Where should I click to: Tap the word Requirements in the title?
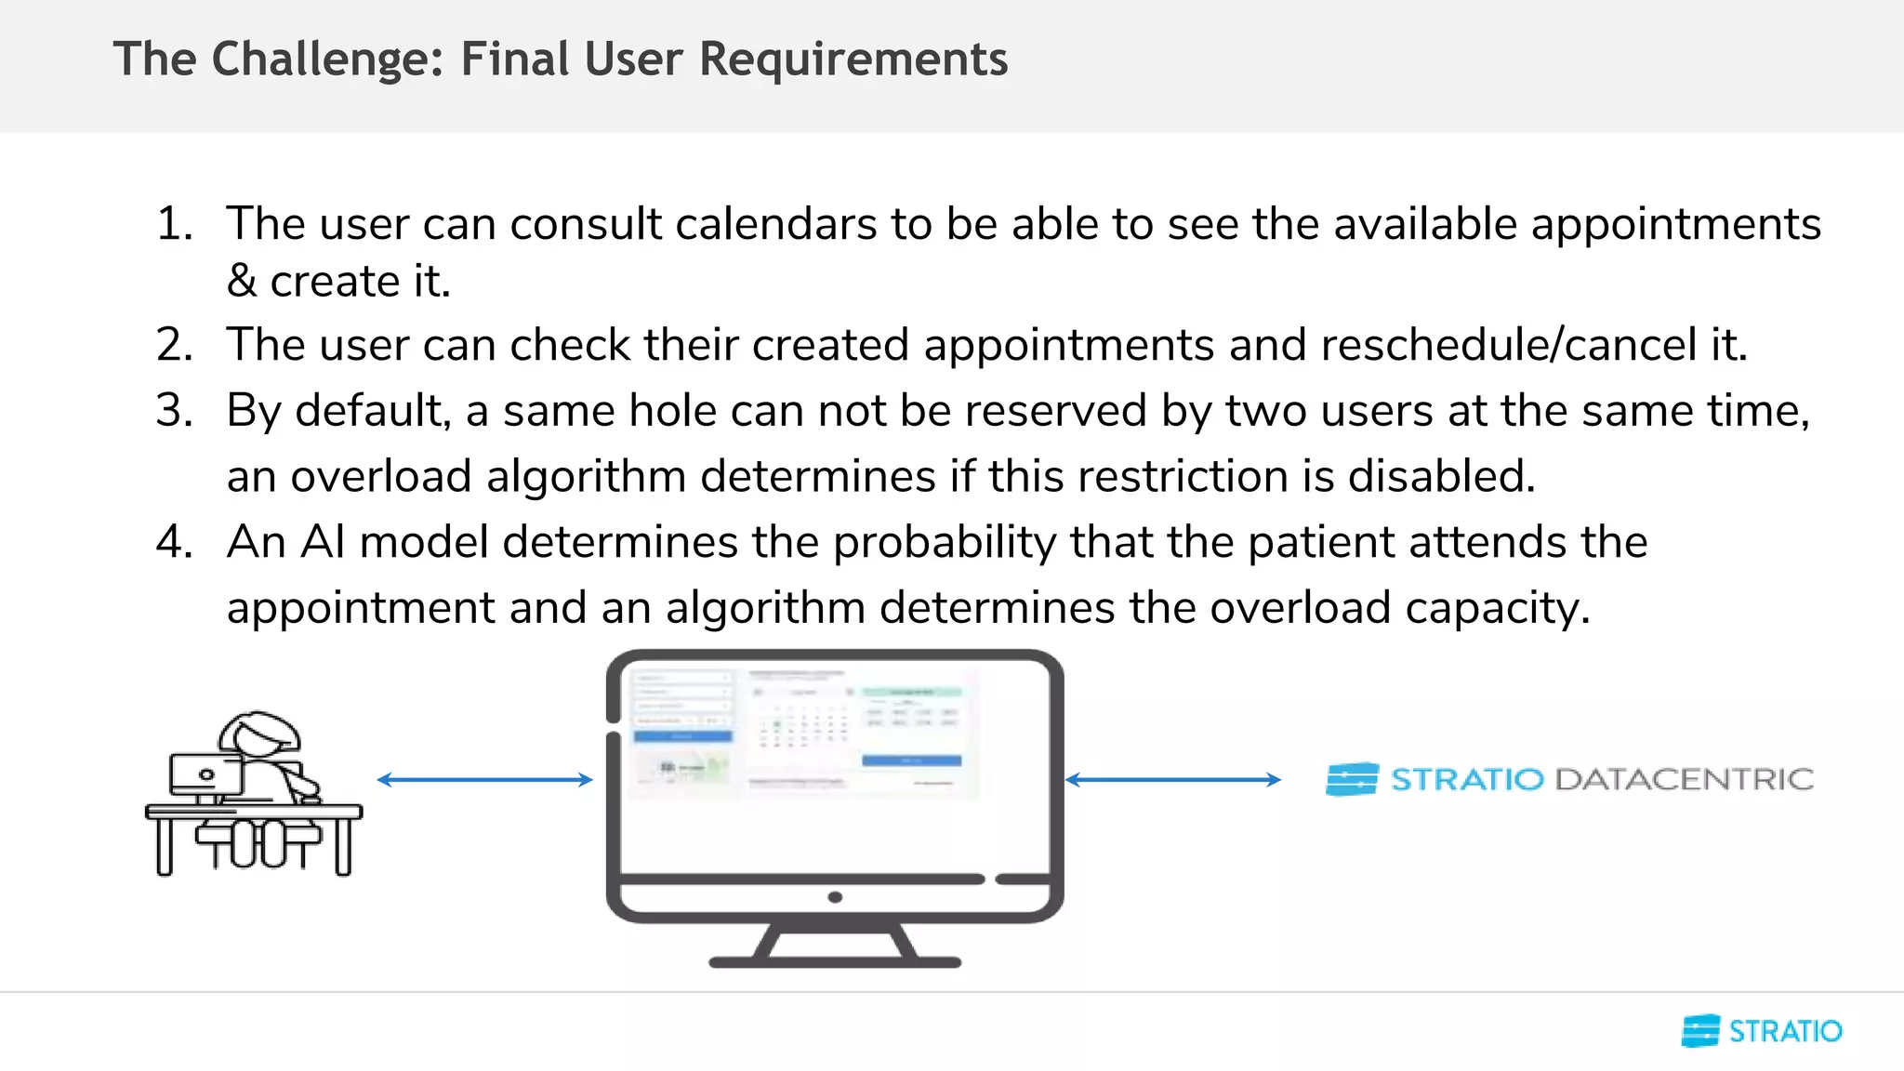coord(853,59)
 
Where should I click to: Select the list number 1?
coord(174,224)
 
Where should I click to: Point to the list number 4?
coord(174,542)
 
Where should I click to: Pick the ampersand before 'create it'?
coord(241,281)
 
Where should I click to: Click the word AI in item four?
coord(323,542)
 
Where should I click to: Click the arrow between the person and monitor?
coord(484,779)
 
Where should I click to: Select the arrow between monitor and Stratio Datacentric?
coord(1172,779)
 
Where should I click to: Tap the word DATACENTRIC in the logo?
coord(1684,779)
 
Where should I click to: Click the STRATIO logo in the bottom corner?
coord(1762,1031)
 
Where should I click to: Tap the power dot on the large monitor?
coord(835,897)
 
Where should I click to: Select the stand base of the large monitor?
coord(835,961)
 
